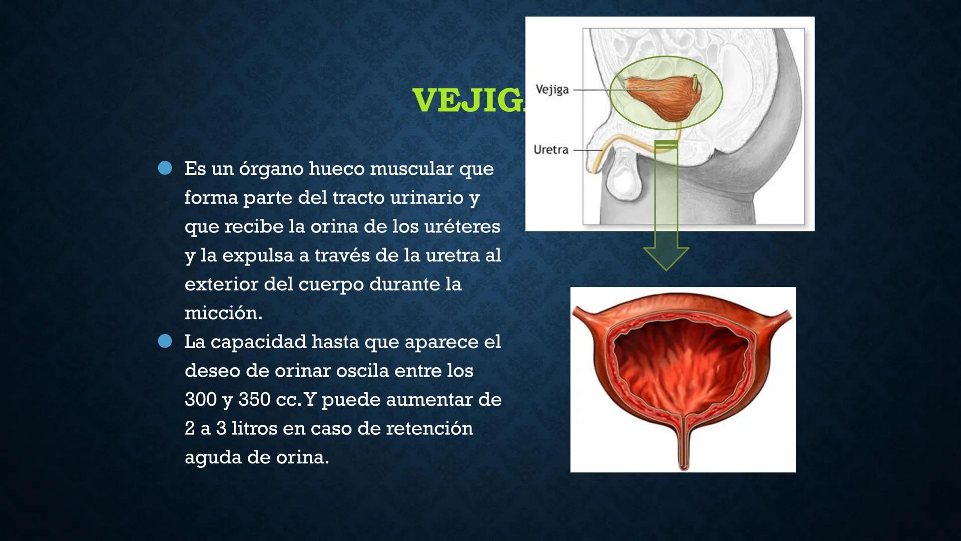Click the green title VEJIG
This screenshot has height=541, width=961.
[468, 100]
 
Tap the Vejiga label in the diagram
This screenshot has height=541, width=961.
[552, 90]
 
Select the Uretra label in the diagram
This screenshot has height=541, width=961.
[551, 150]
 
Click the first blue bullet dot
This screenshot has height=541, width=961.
[165, 168]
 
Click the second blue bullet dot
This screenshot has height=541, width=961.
[165, 341]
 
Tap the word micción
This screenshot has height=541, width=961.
[223, 313]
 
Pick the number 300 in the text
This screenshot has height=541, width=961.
[200, 400]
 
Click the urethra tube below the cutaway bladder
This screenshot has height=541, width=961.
[683, 446]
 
